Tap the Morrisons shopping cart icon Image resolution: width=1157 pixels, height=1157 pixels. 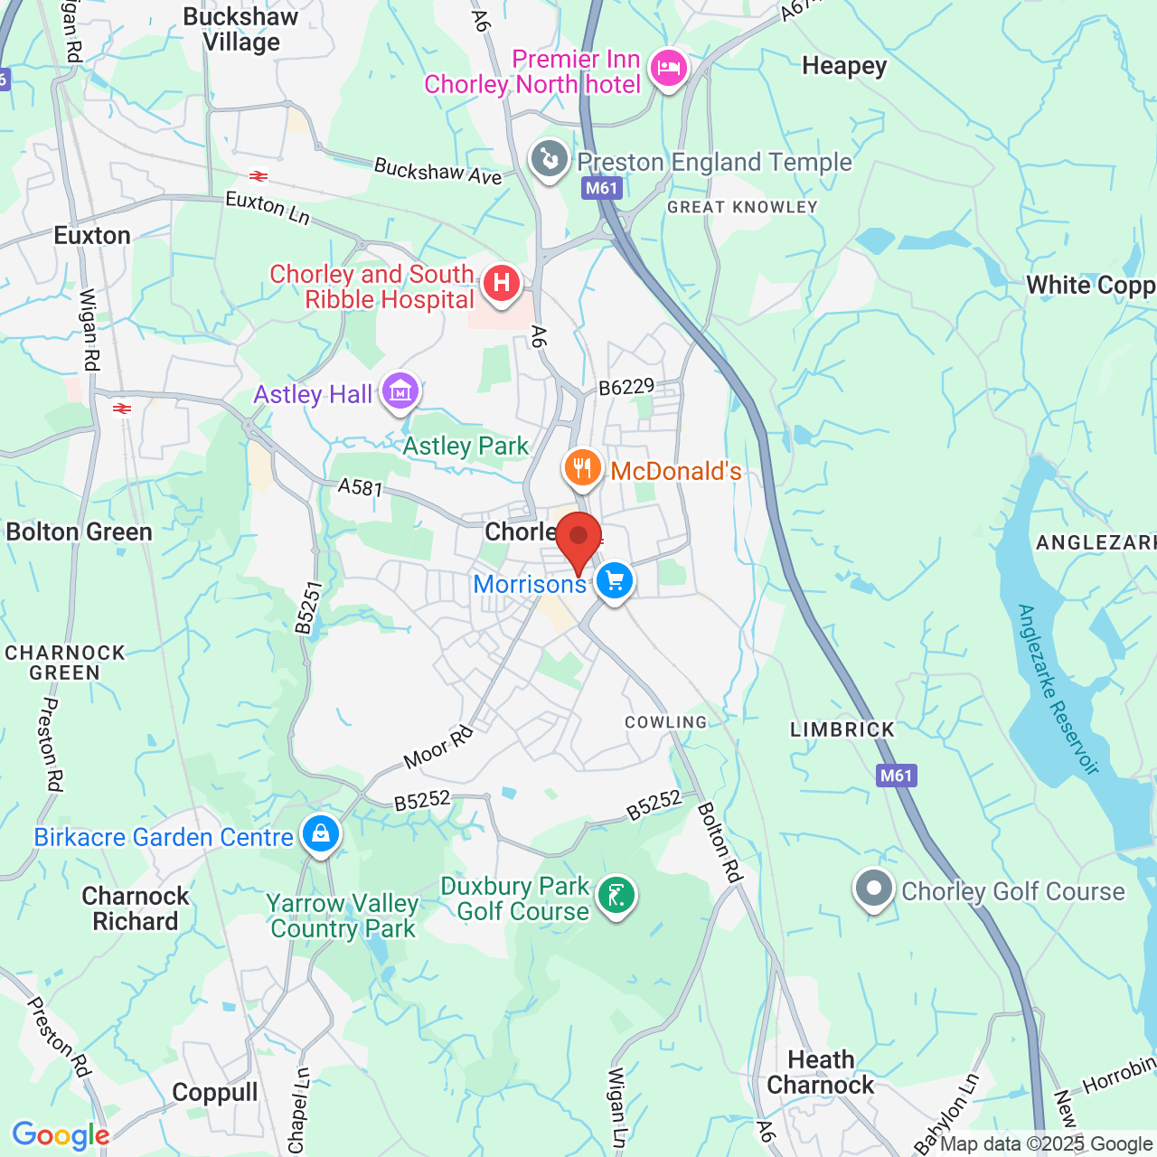(x=615, y=580)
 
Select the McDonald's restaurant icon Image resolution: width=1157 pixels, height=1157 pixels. (x=583, y=468)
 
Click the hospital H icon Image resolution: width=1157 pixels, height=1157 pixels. (x=502, y=284)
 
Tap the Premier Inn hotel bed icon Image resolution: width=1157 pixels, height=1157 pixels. (x=669, y=69)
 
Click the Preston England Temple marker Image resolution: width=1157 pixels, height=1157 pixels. (x=549, y=160)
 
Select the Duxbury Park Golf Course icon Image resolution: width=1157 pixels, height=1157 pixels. (x=616, y=896)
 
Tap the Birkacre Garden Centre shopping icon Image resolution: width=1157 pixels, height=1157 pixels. (x=321, y=834)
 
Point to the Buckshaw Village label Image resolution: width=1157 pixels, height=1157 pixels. (x=240, y=30)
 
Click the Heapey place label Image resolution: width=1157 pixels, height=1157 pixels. (x=844, y=66)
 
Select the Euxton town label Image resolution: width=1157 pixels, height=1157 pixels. (x=92, y=236)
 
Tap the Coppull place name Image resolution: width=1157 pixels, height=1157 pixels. (x=215, y=1093)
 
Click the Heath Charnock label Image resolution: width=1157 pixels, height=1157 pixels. (x=821, y=1072)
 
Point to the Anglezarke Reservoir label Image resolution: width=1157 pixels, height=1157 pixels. (x=1057, y=690)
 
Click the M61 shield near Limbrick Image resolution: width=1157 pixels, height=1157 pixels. (x=896, y=776)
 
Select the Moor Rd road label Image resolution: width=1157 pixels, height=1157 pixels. (x=438, y=748)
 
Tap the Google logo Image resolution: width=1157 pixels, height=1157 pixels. (x=61, y=1134)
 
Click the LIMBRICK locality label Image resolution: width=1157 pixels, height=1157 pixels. (x=842, y=729)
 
